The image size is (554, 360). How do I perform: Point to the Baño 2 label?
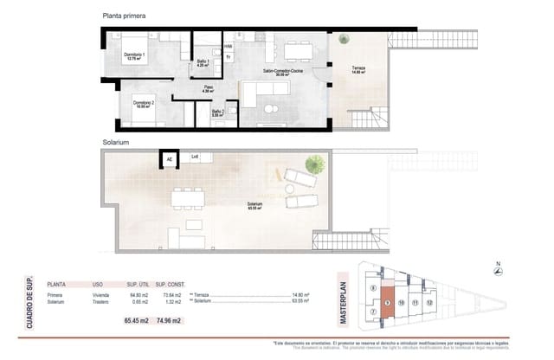click(x=217, y=112)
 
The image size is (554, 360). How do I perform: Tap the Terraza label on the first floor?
click(x=358, y=71)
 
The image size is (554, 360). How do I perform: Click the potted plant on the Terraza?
click(x=345, y=38)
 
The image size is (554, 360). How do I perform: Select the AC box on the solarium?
click(x=170, y=158)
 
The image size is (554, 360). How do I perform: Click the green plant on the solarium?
click(x=316, y=163)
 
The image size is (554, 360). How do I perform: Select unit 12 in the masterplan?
click(x=429, y=303)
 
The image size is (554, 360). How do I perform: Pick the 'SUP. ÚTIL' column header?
click(x=138, y=284)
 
